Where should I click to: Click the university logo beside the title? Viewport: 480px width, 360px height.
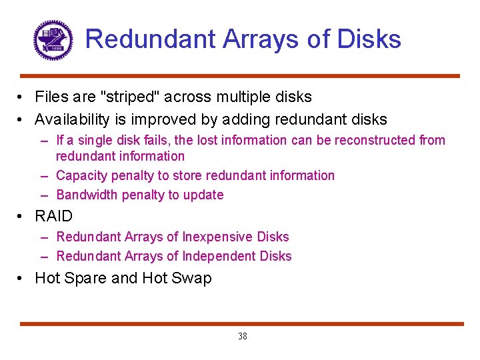coord(53,39)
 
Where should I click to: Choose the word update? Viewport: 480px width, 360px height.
coord(203,195)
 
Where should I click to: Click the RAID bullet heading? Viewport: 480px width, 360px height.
coord(53,216)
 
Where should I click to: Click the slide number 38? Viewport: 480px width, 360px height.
coord(243,337)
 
